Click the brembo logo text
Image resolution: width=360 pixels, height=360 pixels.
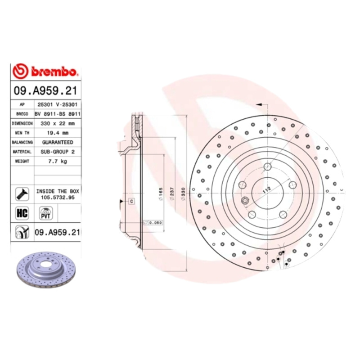point(54,72)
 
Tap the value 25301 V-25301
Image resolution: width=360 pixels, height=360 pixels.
point(57,104)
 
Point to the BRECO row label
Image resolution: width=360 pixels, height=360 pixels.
point(22,113)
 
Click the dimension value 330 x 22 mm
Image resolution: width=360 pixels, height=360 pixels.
point(57,123)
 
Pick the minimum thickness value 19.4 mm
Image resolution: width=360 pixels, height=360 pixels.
point(57,133)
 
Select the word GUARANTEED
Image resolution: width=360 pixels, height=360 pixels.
point(57,142)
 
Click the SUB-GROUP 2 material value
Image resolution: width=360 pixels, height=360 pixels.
point(57,152)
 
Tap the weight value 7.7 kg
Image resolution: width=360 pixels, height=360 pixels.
point(57,162)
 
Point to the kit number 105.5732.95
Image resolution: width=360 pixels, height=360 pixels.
point(57,197)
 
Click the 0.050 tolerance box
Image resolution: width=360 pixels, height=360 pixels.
point(153,222)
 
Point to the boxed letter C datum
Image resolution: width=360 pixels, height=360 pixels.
point(132,201)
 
